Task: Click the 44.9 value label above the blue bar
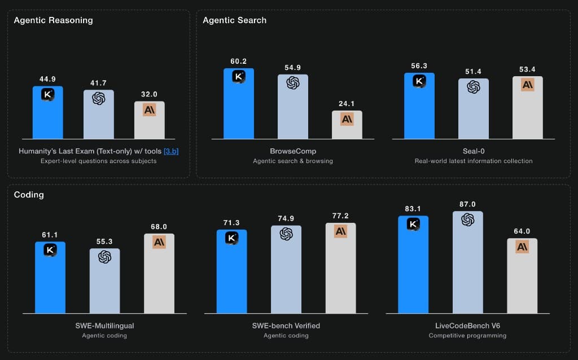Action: coord(47,79)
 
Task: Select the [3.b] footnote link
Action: coord(170,151)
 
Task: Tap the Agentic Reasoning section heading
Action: coord(53,20)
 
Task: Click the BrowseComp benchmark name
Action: coord(292,151)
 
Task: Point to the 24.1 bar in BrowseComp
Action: coord(347,125)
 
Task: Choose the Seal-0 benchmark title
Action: coord(472,151)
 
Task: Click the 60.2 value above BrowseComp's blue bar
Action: coord(238,62)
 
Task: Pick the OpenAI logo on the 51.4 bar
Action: coord(473,87)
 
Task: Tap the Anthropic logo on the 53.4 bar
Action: coord(527,85)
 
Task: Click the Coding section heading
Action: coord(29,195)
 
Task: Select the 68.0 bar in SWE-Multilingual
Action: coord(159,273)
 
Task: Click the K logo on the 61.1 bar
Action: coord(50,250)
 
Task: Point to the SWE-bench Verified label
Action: coord(286,326)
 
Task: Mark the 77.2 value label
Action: coord(340,216)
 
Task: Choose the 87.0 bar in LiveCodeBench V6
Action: coord(467,262)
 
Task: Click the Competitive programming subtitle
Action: coord(467,336)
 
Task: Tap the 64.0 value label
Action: coord(522,231)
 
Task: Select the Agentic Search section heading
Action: coord(235,20)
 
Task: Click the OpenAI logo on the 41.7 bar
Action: coord(98,98)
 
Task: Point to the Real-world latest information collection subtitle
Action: coord(472,161)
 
